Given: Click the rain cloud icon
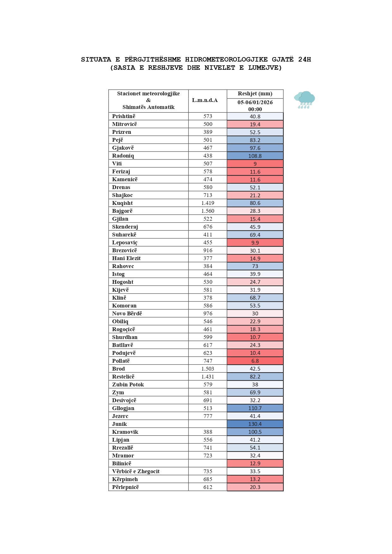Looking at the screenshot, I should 305,100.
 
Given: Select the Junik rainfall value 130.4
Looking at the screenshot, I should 255,424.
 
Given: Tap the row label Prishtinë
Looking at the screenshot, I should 124,116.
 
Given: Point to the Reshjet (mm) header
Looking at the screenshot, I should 255,93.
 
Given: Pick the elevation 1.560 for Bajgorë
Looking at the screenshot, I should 208,211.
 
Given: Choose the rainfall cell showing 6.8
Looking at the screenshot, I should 255,361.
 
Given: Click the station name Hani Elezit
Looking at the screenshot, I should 126,258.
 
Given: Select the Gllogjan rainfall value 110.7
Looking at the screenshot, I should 255,408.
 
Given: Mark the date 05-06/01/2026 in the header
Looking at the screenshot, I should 255,102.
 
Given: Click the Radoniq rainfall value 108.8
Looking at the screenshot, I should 255,156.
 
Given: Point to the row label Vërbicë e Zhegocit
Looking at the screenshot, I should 136,471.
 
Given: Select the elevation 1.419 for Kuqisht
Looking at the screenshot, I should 208,203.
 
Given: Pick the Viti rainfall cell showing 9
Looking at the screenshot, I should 255,164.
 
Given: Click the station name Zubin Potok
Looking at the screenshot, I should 128,384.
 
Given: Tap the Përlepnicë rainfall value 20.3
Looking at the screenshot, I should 255,487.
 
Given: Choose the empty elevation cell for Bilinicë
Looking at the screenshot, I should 208,463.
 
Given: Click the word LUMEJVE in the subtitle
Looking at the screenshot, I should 265,68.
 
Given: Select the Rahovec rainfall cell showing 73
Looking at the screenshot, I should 255,266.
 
